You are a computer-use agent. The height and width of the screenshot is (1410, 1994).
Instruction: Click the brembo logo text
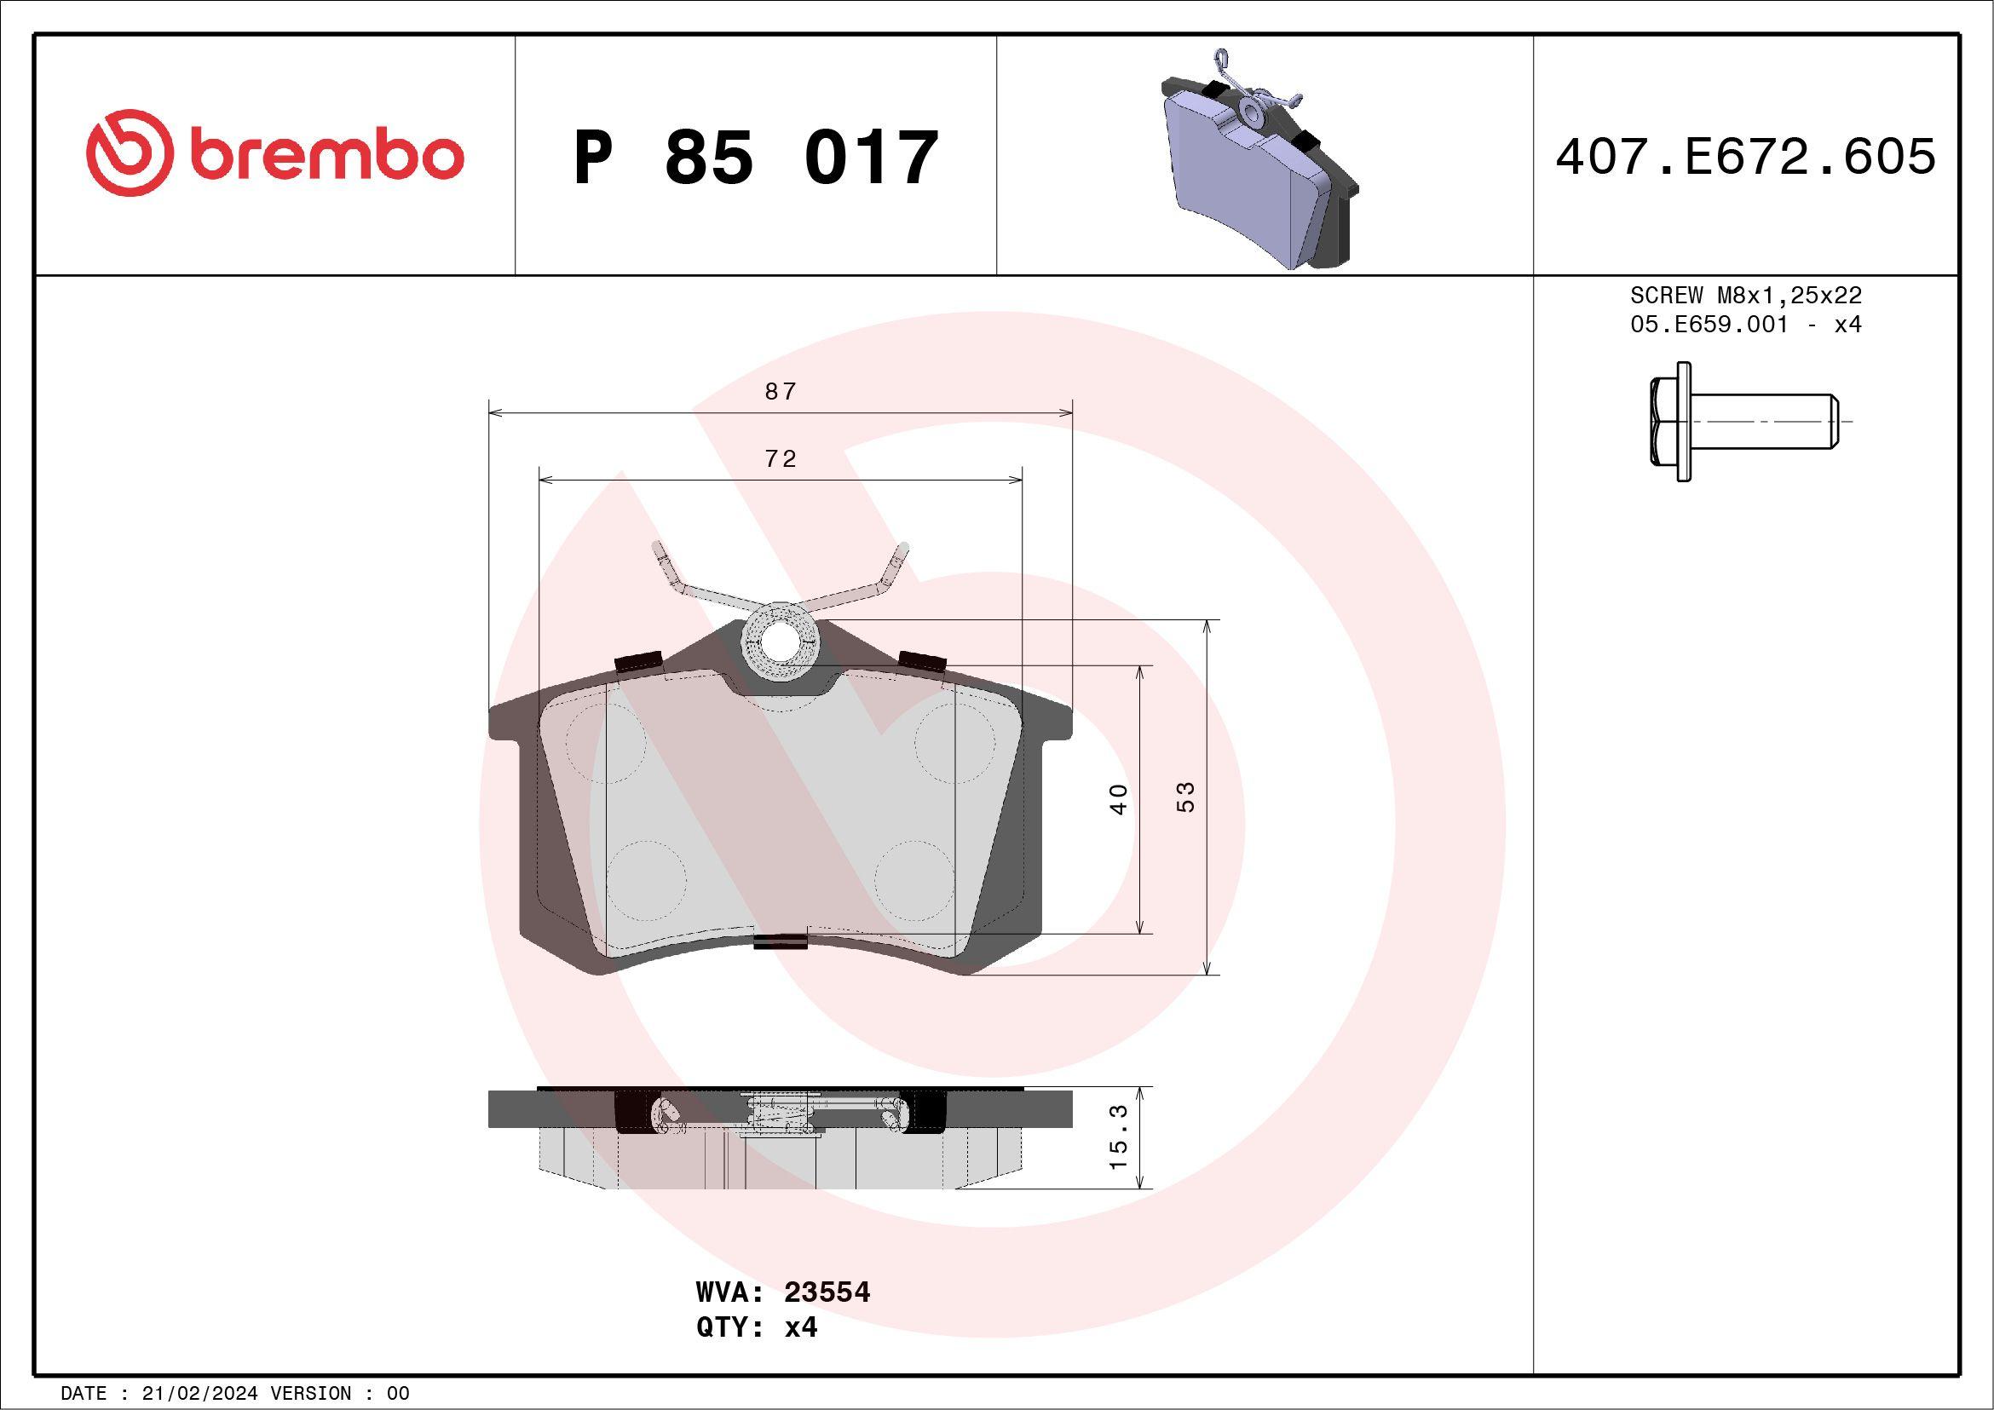pyautogui.click(x=326, y=155)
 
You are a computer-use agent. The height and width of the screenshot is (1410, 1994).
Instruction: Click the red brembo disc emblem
pyautogui.click(x=126, y=153)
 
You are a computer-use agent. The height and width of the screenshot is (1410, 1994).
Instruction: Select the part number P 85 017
pyautogui.click(x=756, y=157)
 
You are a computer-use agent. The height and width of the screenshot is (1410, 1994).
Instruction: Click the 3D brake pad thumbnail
pyautogui.click(x=1259, y=160)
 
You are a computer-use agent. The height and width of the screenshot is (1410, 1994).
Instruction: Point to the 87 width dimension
pyautogui.click(x=780, y=392)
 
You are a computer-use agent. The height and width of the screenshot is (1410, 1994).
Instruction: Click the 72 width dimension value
pyautogui.click(x=780, y=458)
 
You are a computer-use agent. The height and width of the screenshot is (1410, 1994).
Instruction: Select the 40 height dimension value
pyautogui.click(x=1120, y=799)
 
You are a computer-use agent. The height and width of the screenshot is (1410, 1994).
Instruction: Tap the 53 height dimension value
pyautogui.click(x=1185, y=797)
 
